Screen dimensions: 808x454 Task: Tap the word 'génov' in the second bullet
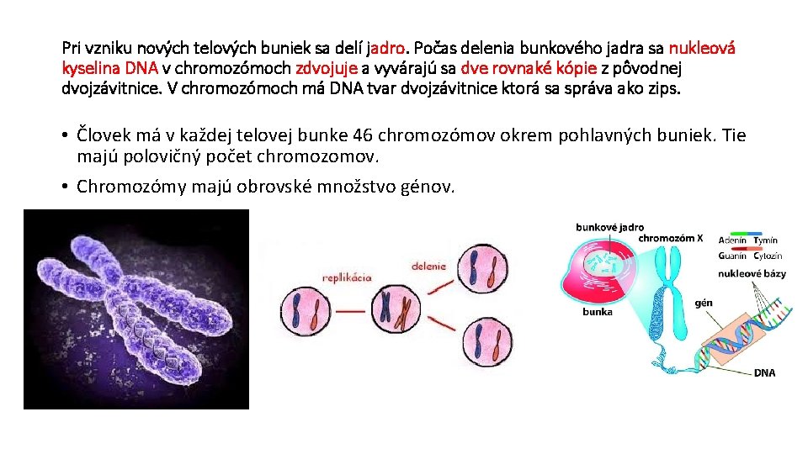[427, 186]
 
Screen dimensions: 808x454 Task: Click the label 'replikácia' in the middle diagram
[348, 277]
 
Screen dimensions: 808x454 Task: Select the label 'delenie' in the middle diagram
[429, 267]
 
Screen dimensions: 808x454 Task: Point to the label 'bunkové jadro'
[609, 227]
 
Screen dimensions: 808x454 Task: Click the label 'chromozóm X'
[670, 238]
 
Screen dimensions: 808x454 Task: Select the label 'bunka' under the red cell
[598, 312]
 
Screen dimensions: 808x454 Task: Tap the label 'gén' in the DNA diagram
[704, 303]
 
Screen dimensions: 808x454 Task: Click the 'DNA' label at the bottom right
[764, 372]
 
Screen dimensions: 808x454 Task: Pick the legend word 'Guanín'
[732, 256]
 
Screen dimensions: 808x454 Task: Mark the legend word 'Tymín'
[766, 241]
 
